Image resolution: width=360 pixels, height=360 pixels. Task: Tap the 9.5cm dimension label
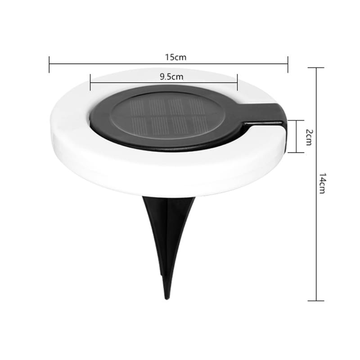(171, 76)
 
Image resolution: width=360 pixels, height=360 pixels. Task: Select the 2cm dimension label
(309, 137)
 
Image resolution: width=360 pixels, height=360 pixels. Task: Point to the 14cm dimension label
(322, 183)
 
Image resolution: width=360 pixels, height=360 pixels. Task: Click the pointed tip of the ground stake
(167, 299)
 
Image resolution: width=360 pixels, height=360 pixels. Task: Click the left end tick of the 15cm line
(49, 64)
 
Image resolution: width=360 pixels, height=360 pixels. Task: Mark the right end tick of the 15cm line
(288, 64)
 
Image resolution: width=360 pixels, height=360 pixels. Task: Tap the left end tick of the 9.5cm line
(90, 82)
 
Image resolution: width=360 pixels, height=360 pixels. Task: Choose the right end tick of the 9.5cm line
(238, 82)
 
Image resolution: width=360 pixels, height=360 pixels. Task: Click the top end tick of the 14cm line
(316, 68)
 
